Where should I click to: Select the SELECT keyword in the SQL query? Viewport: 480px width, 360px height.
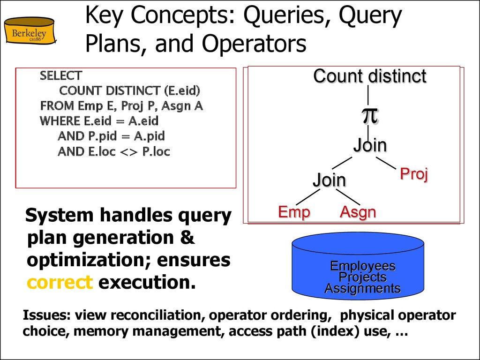click(x=61, y=75)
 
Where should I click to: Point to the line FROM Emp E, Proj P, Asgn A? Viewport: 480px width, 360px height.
click(x=121, y=105)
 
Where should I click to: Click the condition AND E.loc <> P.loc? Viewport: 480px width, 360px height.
click(x=113, y=151)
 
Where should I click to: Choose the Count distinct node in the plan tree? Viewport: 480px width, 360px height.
click(x=369, y=76)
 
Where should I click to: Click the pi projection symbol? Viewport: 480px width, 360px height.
click(x=369, y=115)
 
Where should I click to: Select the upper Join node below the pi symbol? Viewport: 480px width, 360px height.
click(x=370, y=145)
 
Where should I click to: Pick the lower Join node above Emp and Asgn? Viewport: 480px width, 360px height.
click(x=329, y=180)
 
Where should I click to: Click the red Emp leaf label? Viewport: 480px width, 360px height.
click(x=294, y=212)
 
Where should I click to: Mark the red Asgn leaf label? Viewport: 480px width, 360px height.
click(x=358, y=212)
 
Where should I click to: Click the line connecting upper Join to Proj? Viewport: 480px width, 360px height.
click(x=387, y=163)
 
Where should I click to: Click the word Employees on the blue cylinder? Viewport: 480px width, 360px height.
click(x=363, y=266)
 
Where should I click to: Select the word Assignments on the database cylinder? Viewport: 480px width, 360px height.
click(x=363, y=288)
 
